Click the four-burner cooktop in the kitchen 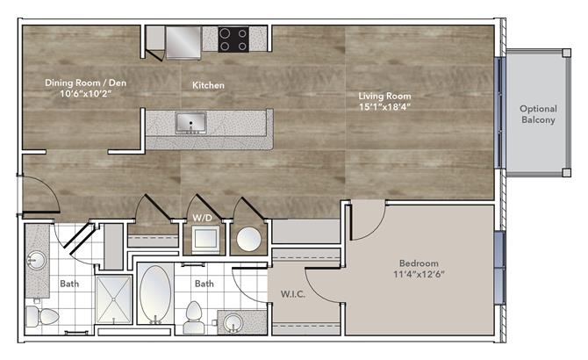(x=233, y=39)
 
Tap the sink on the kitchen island (x=190, y=123)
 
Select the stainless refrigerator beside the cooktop (x=183, y=43)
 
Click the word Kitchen (x=208, y=85)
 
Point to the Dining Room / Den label (x=85, y=83)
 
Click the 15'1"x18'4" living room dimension (x=384, y=107)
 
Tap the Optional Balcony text (x=538, y=114)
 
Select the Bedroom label (x=419, y=263)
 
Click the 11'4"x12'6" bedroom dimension (x=419, y=274)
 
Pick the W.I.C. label (x=293, y=294)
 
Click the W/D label (x=202, y=218)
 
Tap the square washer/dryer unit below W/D (x=206, y=239)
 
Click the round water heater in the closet (x=248, y=239)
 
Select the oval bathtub (x=155, y=294)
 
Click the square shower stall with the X (x=113, y=299)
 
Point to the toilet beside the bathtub (x=194, y=317)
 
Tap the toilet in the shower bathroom (x=42, y=316)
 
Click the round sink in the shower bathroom (x=37, y=260)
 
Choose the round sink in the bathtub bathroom (x=233, y=322)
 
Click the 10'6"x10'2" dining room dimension (x=86, y=94)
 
